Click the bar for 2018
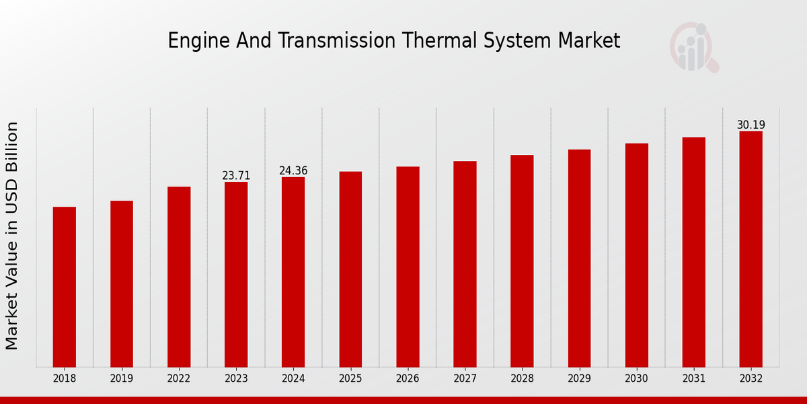65,287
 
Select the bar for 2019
122,283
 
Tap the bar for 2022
179,277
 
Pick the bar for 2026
408,267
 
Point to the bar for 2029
579,258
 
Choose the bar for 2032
751,249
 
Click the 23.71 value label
236,176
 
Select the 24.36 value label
293,171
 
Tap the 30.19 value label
751,125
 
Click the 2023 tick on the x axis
236,379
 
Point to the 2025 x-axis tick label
350,379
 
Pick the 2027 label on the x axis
465,379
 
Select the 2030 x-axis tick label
636,379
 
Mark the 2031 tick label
693,379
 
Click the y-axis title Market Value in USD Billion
12,236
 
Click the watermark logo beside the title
693,47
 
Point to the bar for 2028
522,261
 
